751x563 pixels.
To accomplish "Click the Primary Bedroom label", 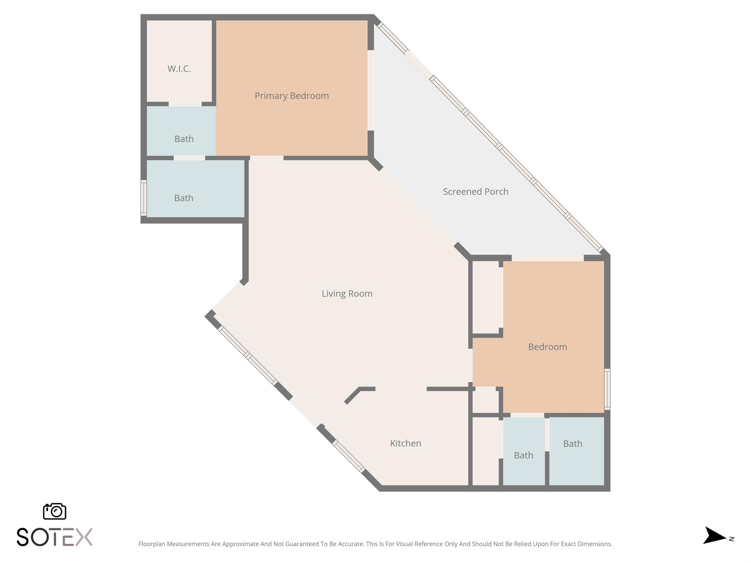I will coord(292,96).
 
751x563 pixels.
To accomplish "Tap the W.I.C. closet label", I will coord(179,69).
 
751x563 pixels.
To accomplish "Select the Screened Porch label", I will coord(475,191).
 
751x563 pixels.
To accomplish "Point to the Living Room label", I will coord(347,293).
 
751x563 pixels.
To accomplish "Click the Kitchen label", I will coord(405,443).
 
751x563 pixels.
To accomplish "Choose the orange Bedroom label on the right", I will coord(547,347).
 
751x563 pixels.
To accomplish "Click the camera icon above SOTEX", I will coord(55,511).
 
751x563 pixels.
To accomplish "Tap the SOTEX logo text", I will coord(55,537).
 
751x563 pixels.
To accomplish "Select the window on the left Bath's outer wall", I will coord(144,198).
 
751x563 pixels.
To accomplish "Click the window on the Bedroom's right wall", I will coord(607,389).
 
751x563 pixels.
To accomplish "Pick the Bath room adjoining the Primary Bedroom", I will coord(184,139).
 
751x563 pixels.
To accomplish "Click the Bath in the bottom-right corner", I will coord(572,444).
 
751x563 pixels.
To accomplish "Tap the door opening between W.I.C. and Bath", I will coord(185,104).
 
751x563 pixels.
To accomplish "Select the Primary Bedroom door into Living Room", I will coord(267,158).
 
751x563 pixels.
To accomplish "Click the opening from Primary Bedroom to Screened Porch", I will coord(371,90).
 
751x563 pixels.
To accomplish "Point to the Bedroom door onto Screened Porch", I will coord(547,258).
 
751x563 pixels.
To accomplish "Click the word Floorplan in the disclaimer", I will coord(152,544).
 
